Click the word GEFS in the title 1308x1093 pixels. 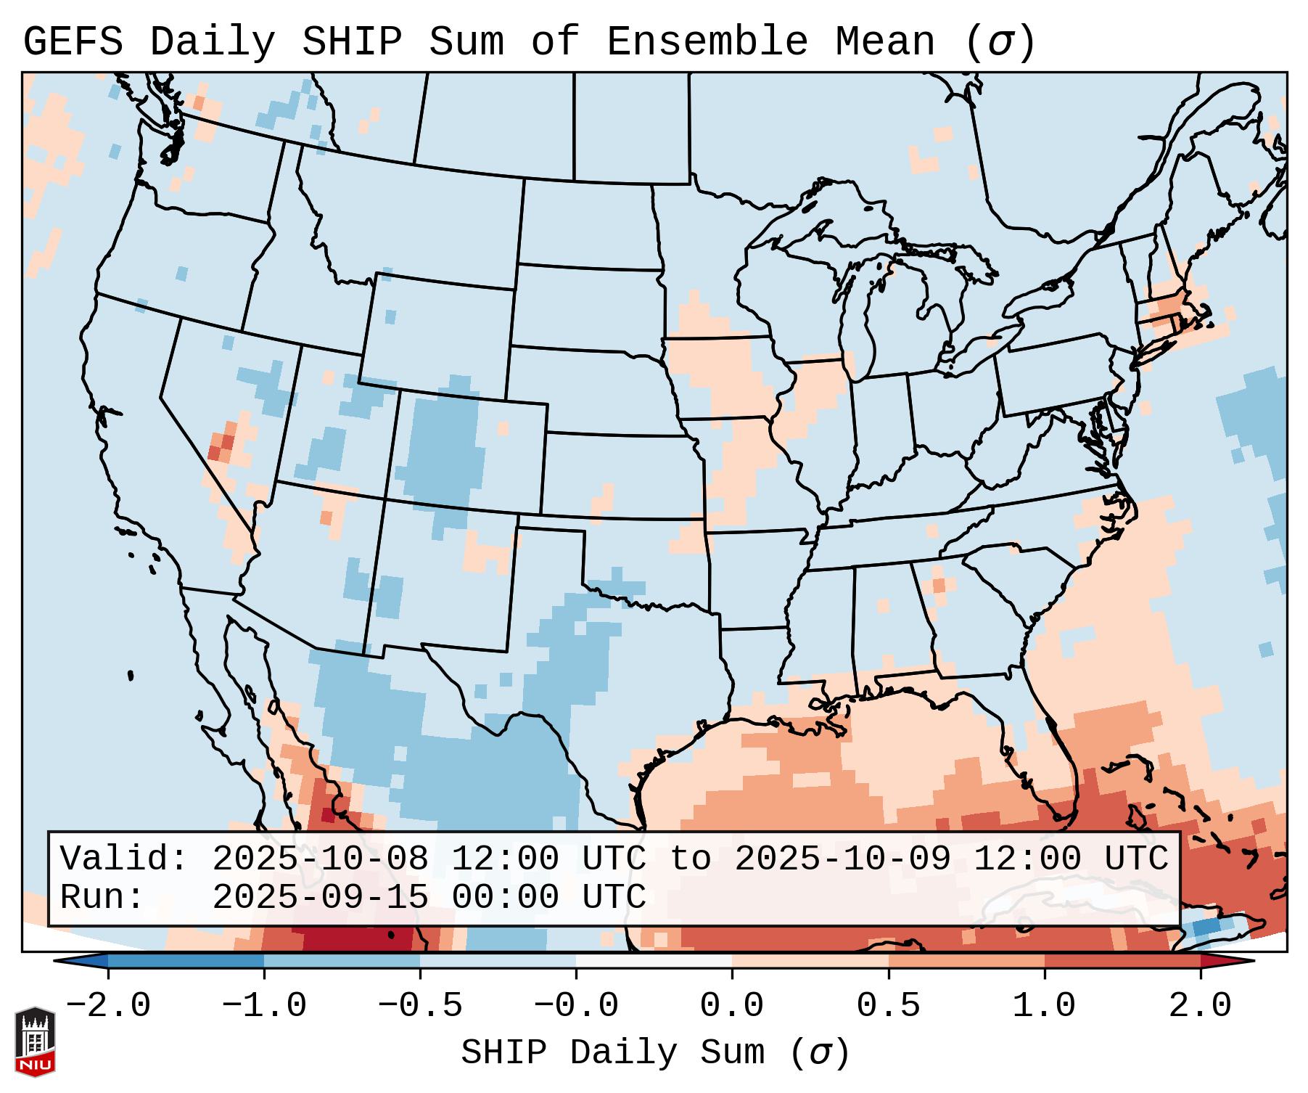click(x=73, y=42)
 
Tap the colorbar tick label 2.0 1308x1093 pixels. click(x=1200, y=1006)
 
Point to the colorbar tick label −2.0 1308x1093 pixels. click(x=108, y=1006)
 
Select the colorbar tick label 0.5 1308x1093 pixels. click(x=888, y=1006)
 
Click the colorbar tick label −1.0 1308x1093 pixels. click(x=264, y=1006)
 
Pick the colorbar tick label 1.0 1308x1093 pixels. click(x=1044, y=1006)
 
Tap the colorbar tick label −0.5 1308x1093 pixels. click(x=420, y=1006)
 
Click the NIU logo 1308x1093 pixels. click(x=35, y=1042)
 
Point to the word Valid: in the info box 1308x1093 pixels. click(x=124, y=859)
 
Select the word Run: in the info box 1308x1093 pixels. click(x=102, y=897)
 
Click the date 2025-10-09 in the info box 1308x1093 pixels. click(x=842, y=859)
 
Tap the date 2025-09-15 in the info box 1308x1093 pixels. click(x=320, y=897)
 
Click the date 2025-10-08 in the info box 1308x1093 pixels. click(x=320, y=859)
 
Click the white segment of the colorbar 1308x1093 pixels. click(x=654, y=961)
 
